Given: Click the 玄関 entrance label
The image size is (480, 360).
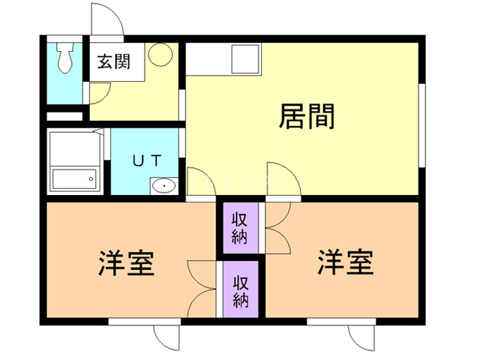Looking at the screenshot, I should click(113, 61).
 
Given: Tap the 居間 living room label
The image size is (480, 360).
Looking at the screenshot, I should click(306, 117).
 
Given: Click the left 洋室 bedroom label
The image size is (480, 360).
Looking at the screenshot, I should click(126, 263).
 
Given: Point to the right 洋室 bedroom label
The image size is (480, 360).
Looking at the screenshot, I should click(345, 262).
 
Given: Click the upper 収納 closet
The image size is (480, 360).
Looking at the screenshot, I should click(239, 229).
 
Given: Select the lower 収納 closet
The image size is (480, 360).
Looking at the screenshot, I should click(240, 292).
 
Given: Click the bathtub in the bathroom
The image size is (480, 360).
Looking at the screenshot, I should click(73, 179).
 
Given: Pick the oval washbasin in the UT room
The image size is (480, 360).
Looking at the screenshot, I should click(163, 185).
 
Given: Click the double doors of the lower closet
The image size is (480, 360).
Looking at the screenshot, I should click(201, 289).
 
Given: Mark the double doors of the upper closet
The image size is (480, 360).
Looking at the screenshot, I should click(277, 229).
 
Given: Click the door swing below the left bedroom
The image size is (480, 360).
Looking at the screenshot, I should click(167, 336).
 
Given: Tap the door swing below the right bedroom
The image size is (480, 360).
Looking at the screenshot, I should click(367, 336).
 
